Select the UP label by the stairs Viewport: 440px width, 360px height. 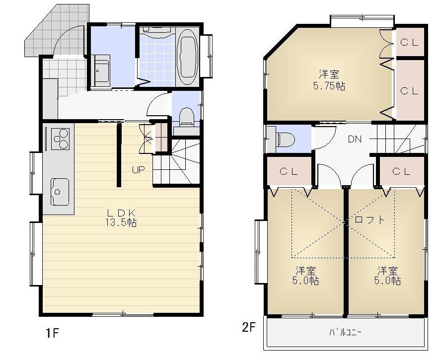point(138,169)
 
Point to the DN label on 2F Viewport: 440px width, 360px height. point(354,139)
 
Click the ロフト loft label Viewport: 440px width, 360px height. point(369,219)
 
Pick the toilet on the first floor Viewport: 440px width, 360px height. point(187,118)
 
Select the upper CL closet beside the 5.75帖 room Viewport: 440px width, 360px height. point(409,43)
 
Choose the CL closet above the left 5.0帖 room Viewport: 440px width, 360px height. point(289,172)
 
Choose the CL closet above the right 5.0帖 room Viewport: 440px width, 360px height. point(401,172)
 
